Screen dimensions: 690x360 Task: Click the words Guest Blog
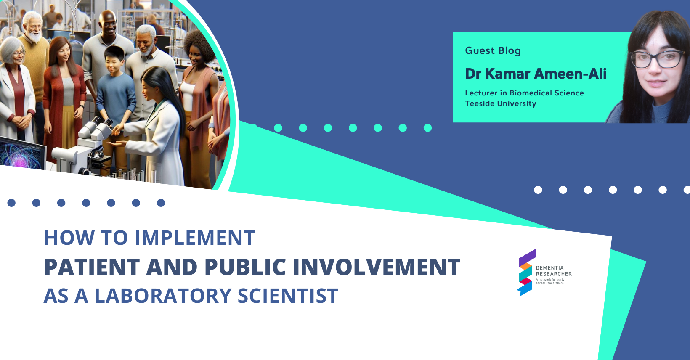pyautogui.click(x=493, y=50)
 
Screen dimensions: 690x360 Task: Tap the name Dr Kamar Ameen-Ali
pyautogui.click(x=536, y=74)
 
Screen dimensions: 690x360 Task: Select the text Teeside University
pyautogui.click(x=501, y=103)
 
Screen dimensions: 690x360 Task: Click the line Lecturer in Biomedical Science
pyautogui.click(x=524, y=93)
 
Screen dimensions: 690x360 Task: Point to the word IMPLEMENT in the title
pyautogui.click(x=195, y=238)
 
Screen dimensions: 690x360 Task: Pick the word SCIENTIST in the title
pyautogui.click(x=288, y=296)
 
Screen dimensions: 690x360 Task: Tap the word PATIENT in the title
pyautogui.click(x=92, y=267)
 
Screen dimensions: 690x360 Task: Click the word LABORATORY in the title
pyautogui.click(x=163, y=296)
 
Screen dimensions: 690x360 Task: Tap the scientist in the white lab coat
pyautogui.click(x=157, y=126)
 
